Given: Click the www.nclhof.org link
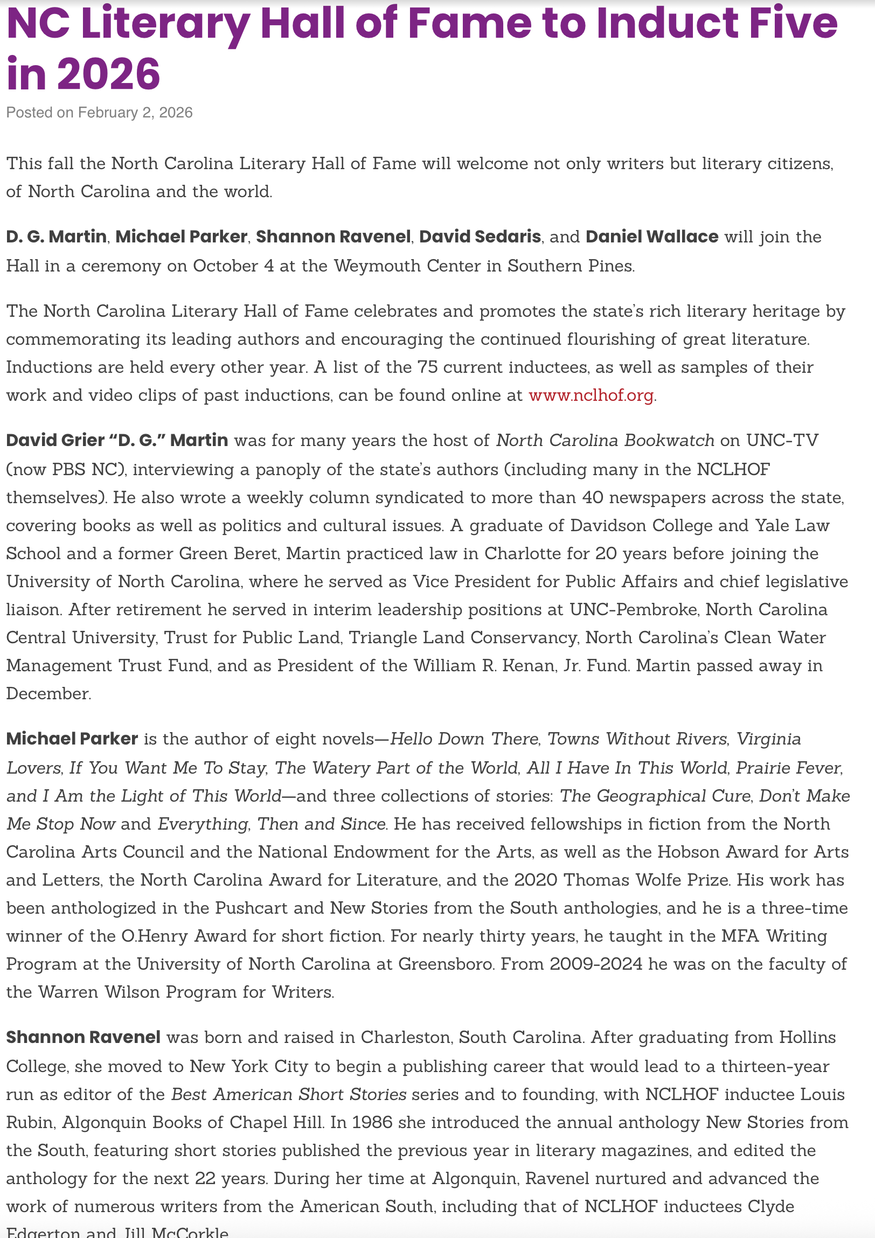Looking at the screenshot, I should (591, 395).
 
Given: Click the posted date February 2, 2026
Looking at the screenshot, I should (135, 113).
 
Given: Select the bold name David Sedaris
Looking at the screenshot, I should (480, 237).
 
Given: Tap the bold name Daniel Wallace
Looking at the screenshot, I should (652, 237).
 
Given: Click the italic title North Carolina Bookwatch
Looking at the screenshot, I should (605, 441).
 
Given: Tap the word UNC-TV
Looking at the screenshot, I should (782, 441).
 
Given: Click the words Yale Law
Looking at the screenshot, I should (792, 526).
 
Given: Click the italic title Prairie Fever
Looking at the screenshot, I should (788, 768).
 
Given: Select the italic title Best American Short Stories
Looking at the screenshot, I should (288, 1095).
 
